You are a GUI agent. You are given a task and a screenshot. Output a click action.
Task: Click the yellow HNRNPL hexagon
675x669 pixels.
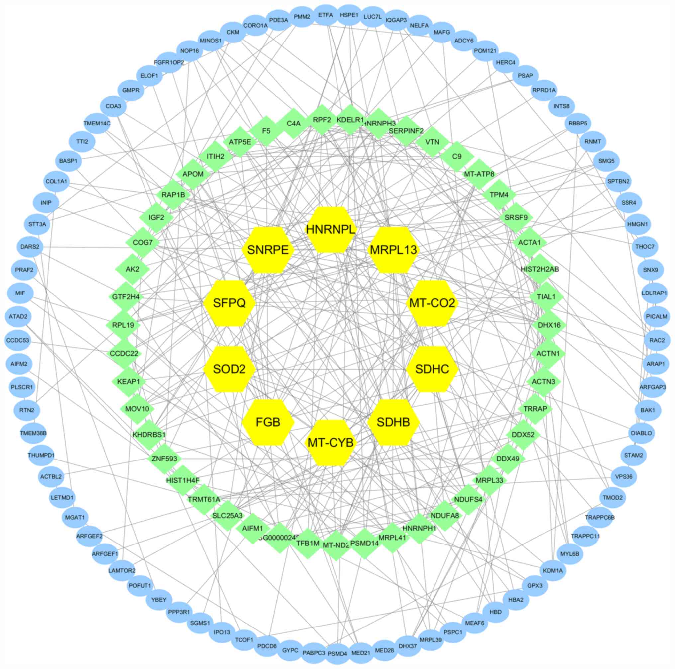[x=330, y=229]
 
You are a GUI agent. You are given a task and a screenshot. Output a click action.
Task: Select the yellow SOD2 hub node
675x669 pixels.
[x=229, y=369]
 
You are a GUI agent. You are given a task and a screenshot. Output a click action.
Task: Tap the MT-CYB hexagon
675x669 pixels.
[x=331, y=442]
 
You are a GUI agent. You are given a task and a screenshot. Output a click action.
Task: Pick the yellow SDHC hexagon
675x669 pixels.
[x=432, y=369]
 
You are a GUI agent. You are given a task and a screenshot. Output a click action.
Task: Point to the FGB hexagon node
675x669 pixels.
[x=268, y=422]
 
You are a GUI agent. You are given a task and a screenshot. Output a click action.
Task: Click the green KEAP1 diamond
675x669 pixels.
[x=129, y=381]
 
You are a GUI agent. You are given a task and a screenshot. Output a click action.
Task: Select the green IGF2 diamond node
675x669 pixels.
[x=156, y=217]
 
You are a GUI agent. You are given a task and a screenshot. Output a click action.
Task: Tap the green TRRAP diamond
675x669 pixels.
[x=535, y=408]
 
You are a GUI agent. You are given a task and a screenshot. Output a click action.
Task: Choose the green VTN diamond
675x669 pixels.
[x=432, y=142]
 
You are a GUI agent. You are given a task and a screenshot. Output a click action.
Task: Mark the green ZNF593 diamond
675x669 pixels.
[x=164, y=459]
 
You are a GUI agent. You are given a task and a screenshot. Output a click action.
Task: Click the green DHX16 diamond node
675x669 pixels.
[x=549, y=325]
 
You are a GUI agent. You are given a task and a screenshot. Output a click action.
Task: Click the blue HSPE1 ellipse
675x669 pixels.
[x=349, y=15]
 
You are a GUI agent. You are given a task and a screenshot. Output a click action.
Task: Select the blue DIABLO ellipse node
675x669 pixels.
[x=641, y=433]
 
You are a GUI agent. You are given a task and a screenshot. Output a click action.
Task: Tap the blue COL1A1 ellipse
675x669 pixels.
[x=56, y=182]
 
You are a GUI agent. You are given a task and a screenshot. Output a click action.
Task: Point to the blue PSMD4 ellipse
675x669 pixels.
[x=337, y=654]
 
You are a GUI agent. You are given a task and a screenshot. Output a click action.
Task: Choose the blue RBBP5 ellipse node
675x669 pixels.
[x=578, y=123]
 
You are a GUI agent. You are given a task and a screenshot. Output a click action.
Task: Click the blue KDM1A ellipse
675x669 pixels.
[x=553, y=570]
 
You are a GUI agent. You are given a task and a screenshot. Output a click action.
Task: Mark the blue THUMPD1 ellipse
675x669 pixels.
[x=41, y=455]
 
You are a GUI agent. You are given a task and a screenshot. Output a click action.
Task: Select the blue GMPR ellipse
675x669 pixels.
[x=131, y=90]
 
